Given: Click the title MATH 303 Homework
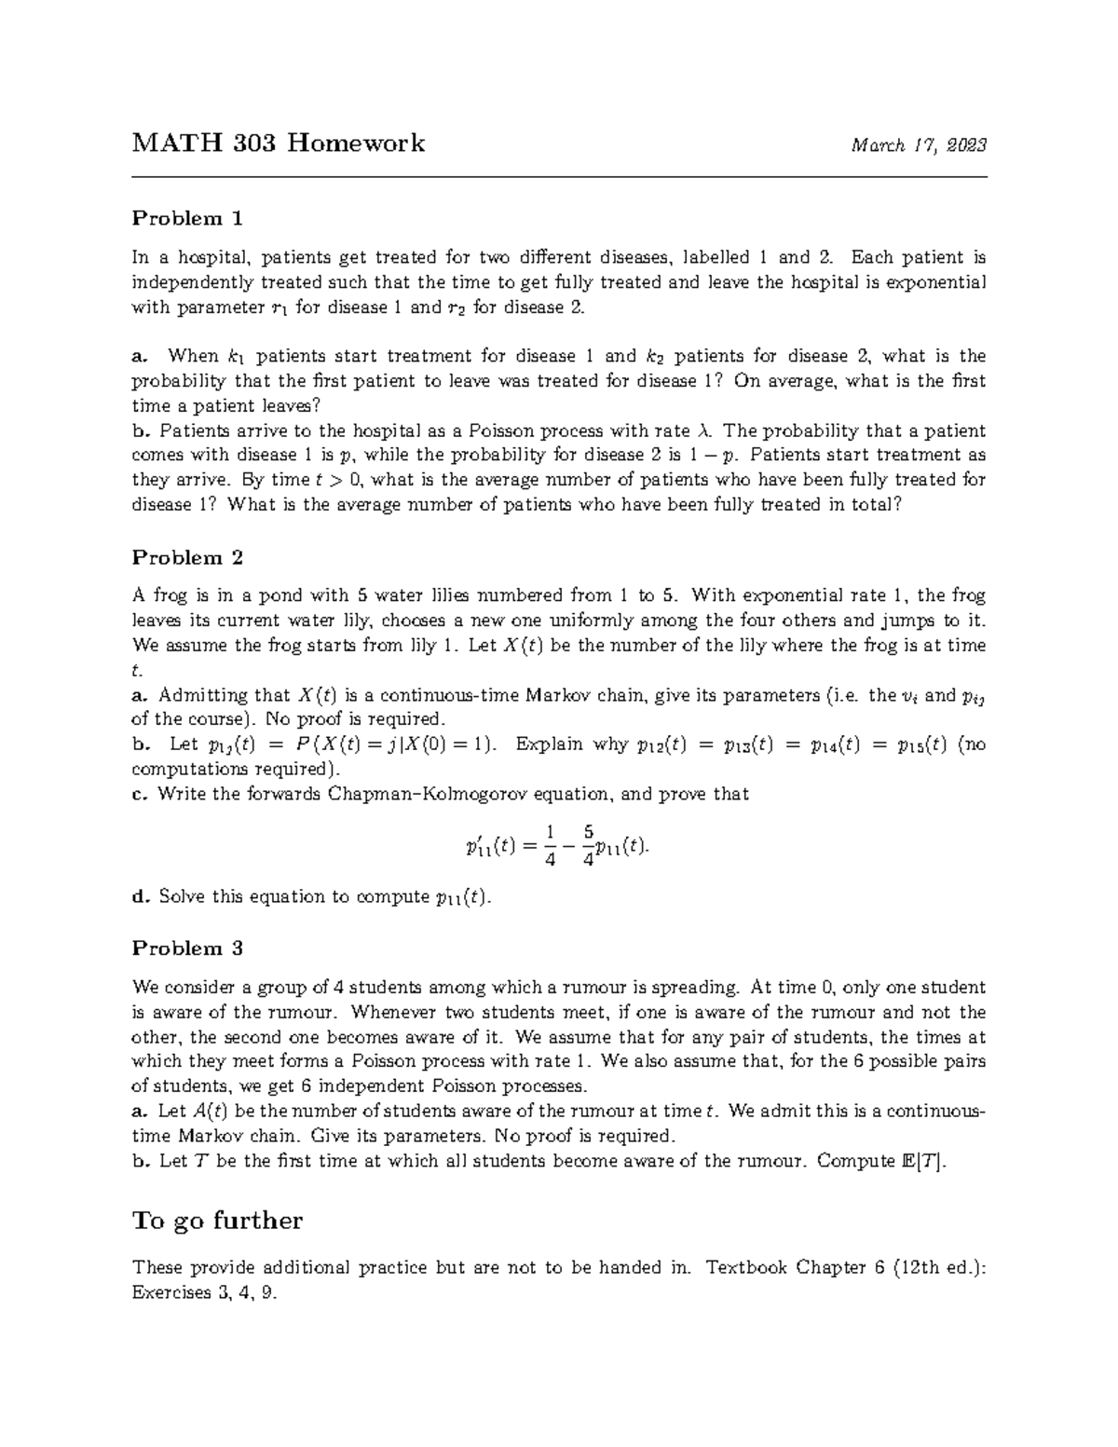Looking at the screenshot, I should (x=278, y=143).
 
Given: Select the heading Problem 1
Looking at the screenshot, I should (x=187, y=219).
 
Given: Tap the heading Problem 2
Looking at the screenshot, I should (x=187, y=558).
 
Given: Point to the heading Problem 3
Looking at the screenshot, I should (x=187, y=949).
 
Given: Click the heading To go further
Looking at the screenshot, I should (x=217, y=1221).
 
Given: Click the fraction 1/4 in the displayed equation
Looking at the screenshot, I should (x=551, y=845).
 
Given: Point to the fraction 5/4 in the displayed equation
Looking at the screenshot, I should (x=587, y=845).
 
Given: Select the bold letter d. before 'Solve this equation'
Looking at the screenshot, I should (x=141, y=897).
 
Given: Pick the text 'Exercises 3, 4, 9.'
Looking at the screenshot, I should (x=205, y=1293).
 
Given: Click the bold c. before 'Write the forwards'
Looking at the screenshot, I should (x=140, y=795).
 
